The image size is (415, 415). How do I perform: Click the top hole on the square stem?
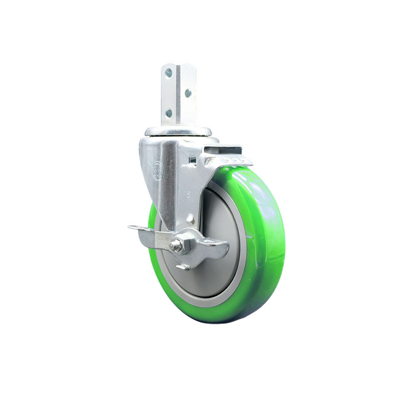click(168, 73)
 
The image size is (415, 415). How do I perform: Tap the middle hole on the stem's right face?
click(188, 93)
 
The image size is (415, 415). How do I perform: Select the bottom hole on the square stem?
click(168, 112)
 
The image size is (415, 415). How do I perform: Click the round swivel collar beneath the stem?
click(178, 132)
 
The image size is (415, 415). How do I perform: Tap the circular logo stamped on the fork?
click(159, 172)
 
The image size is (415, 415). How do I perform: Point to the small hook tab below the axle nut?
click(182, 267)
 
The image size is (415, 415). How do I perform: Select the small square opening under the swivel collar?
click(193, 159)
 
